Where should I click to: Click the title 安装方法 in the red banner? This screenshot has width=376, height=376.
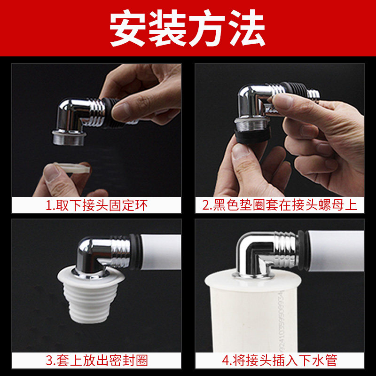click(187, 28)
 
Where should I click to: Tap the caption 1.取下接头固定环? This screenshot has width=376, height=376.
click(96, 205)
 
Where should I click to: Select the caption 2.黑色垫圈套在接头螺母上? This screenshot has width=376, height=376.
click(280, 205)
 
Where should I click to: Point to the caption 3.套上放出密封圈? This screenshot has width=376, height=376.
click(96, 360)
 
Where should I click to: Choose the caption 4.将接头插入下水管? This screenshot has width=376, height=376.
click(280, 360)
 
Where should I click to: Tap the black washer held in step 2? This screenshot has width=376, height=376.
click(252, 136)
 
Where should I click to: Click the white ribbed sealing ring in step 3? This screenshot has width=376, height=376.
click(91, 296)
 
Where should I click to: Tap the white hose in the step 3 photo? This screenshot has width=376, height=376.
click(161, 252)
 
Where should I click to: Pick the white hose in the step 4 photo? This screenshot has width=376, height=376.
click(336, 251)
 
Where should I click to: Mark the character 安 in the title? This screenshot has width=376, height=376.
click(128, 28)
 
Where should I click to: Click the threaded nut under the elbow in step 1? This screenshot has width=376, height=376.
click(69, 138)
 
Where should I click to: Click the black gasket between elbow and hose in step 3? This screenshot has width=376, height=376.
click(135, 252)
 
